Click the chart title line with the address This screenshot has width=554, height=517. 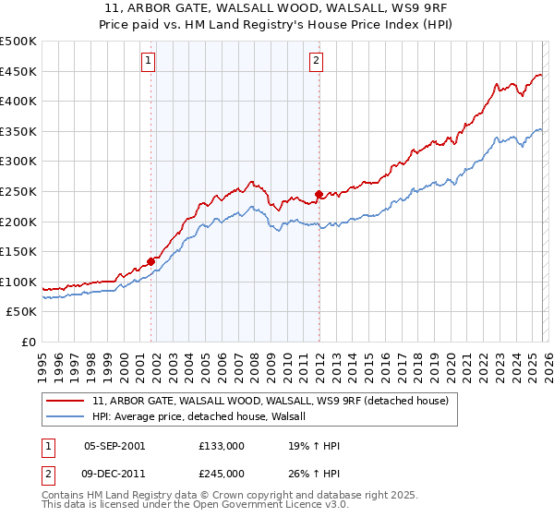pyautogui.click(x=277, y=8)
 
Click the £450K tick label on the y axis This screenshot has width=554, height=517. pyautogui.click(x=18, y=71)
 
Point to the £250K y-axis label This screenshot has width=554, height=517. pyautogui.click(x=18, y=191)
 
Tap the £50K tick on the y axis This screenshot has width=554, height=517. pyautogui.click(x=22, y=312)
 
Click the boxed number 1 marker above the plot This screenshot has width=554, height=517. pyautogui.click(x=150, y=61)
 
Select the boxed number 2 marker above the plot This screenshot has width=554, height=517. pyautogui.click(x=317, y=61)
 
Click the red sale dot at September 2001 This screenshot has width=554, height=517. pyautogui.click(x=151, y=261)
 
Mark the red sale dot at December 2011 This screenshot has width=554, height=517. pyautogui.click(x=319, y=194)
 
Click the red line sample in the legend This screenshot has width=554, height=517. pyautogui.click(x=67, y=401)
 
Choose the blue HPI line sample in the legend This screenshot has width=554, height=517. pyautogui.click(x=67, y=417)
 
